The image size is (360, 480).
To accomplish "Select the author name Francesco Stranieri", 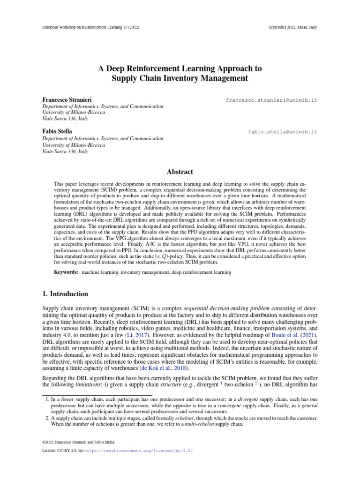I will [67, 100].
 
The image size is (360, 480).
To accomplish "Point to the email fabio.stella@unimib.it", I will [283, 132].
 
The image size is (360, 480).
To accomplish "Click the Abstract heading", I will [180, 172].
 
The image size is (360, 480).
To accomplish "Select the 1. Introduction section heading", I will [65, 294].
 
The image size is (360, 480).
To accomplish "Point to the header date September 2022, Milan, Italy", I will [287, 27].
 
